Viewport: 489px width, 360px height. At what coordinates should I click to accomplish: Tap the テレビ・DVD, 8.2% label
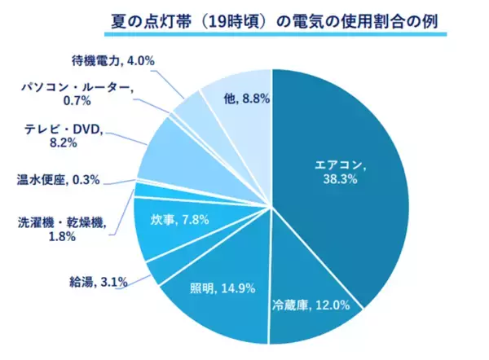pyautogui.click(x=61, y=134)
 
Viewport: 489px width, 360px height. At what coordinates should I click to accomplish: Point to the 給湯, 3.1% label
pyautogui.click(x=96, y=283)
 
